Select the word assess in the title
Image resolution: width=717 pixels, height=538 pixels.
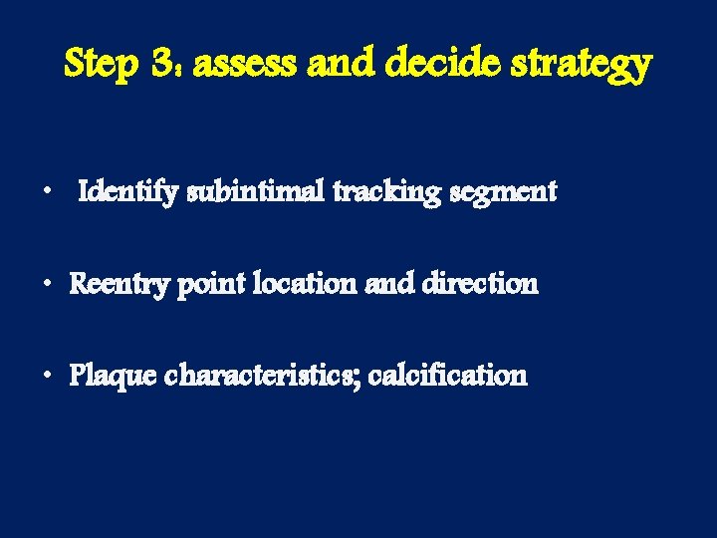point(248,65)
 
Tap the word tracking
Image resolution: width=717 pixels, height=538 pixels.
point(381,191)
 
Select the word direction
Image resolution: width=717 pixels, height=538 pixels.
point(480,284)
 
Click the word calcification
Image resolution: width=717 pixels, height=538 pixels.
point(447,376)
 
